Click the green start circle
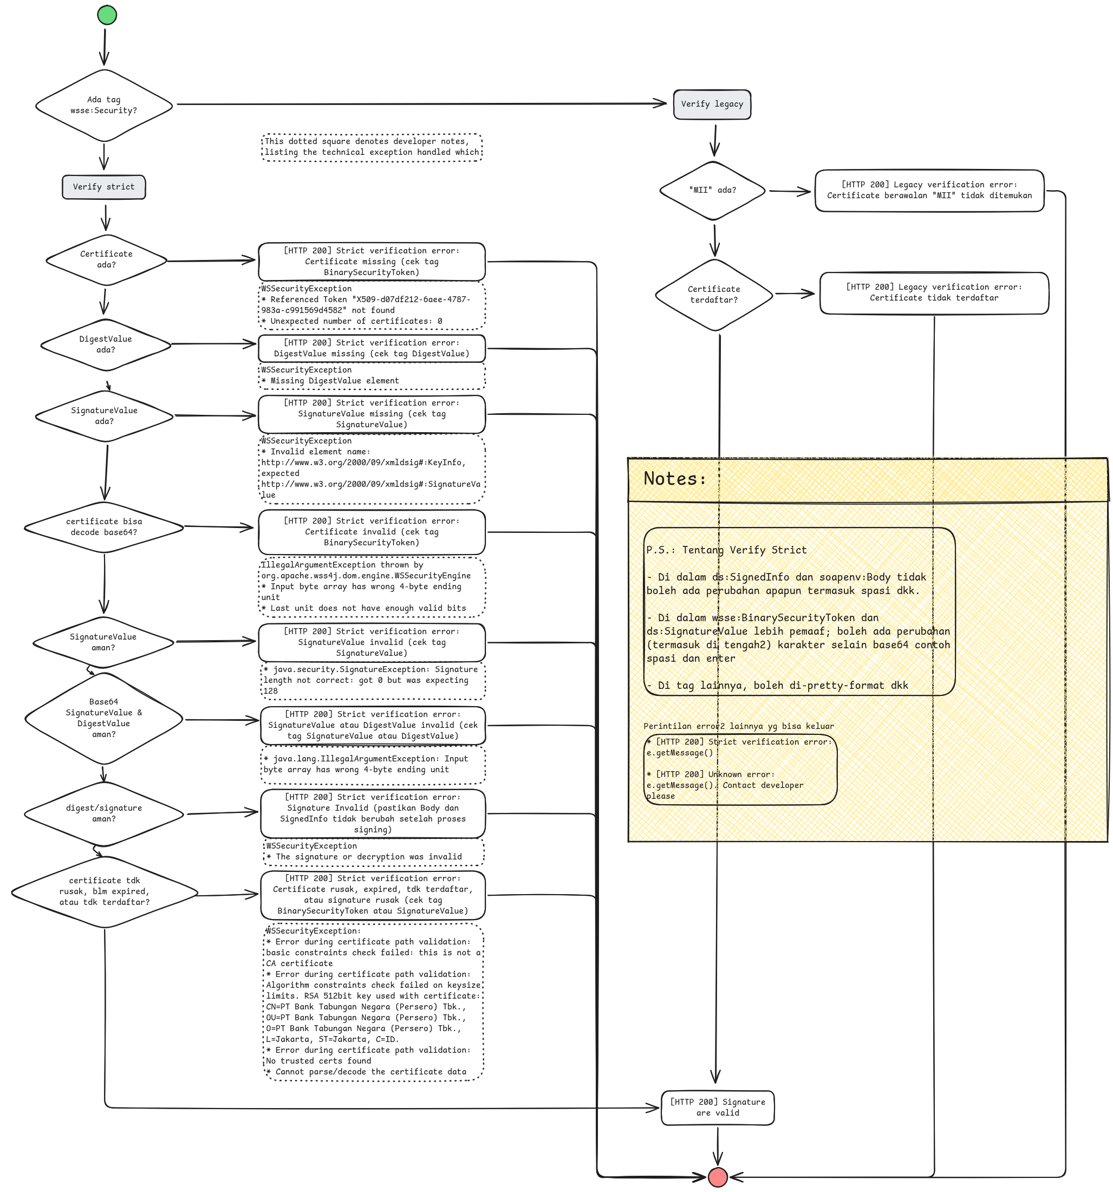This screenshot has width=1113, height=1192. [107, 15]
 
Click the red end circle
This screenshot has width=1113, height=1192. [717, 1177]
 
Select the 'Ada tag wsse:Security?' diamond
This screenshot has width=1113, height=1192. [104, 106]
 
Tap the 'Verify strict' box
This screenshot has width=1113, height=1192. [104, 187]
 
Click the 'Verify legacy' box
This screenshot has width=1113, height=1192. [712, 105]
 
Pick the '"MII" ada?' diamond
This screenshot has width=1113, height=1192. [712, 190]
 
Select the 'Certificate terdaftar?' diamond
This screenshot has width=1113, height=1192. [714, 295]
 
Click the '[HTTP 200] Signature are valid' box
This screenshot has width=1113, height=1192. [717, 1108]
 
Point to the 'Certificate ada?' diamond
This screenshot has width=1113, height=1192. [106, 259]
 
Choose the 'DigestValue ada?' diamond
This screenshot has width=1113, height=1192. [106, 344]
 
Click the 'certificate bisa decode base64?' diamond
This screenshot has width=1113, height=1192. [104, 527]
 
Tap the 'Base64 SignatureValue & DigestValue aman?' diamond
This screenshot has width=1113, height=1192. [104, 718]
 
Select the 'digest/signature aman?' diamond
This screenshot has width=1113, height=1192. [104, 813]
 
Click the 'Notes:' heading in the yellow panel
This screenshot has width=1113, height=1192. [675, 479]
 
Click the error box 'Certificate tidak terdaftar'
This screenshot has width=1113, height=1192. [934, 292]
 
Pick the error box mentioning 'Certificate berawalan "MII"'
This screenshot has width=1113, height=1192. [929, 190]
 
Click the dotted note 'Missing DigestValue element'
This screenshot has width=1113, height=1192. [371, 376]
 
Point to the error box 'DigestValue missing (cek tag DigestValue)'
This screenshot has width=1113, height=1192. [371, 348]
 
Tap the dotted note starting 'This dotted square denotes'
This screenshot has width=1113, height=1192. [372, 147]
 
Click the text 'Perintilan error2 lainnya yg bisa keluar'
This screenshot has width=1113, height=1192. [738, 726]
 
